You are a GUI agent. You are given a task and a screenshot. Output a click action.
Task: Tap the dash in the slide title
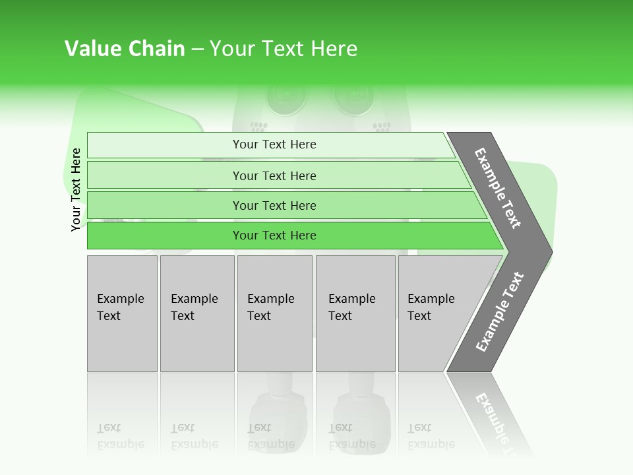pyautogui.click(x=197, y=49)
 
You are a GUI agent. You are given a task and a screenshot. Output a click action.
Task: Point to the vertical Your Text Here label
pyautogui.click(x=76, y=189)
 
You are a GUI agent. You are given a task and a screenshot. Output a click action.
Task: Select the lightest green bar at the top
pyautogui.click(x=274, y=144)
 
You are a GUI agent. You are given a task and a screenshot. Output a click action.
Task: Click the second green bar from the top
pyautogui.click(x=274, y=175)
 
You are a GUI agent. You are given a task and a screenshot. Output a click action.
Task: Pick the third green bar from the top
pyautogui.click(x=274, y=205)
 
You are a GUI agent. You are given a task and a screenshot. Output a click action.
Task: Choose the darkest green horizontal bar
pyautogui.click(x=274, y=236)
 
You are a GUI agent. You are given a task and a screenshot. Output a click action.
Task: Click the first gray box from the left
pyautogui.click(x=122, y=313)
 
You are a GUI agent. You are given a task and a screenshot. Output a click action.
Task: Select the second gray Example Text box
pyautogui.click(x=196, y=313)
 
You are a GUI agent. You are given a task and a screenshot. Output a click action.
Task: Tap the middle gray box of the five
pyautogui.click(x=274, y=313)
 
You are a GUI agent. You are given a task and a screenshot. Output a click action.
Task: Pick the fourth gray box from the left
pyautogui.click(x=355, y=313)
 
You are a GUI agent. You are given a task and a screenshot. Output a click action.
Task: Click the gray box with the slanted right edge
pyautogui.click(x=435, y=313)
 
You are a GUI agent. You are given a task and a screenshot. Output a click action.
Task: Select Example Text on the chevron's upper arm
pyautogui.click(x=498, y=188)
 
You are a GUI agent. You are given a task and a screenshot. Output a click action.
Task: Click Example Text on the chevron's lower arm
pyautogui.click(x=499, y=312)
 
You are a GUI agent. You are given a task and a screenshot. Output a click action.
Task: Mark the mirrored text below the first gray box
pyautogui.click(x=120, y=436)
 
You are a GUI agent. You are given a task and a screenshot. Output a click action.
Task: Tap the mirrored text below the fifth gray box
pyautogui.click(x=431, y=436)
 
